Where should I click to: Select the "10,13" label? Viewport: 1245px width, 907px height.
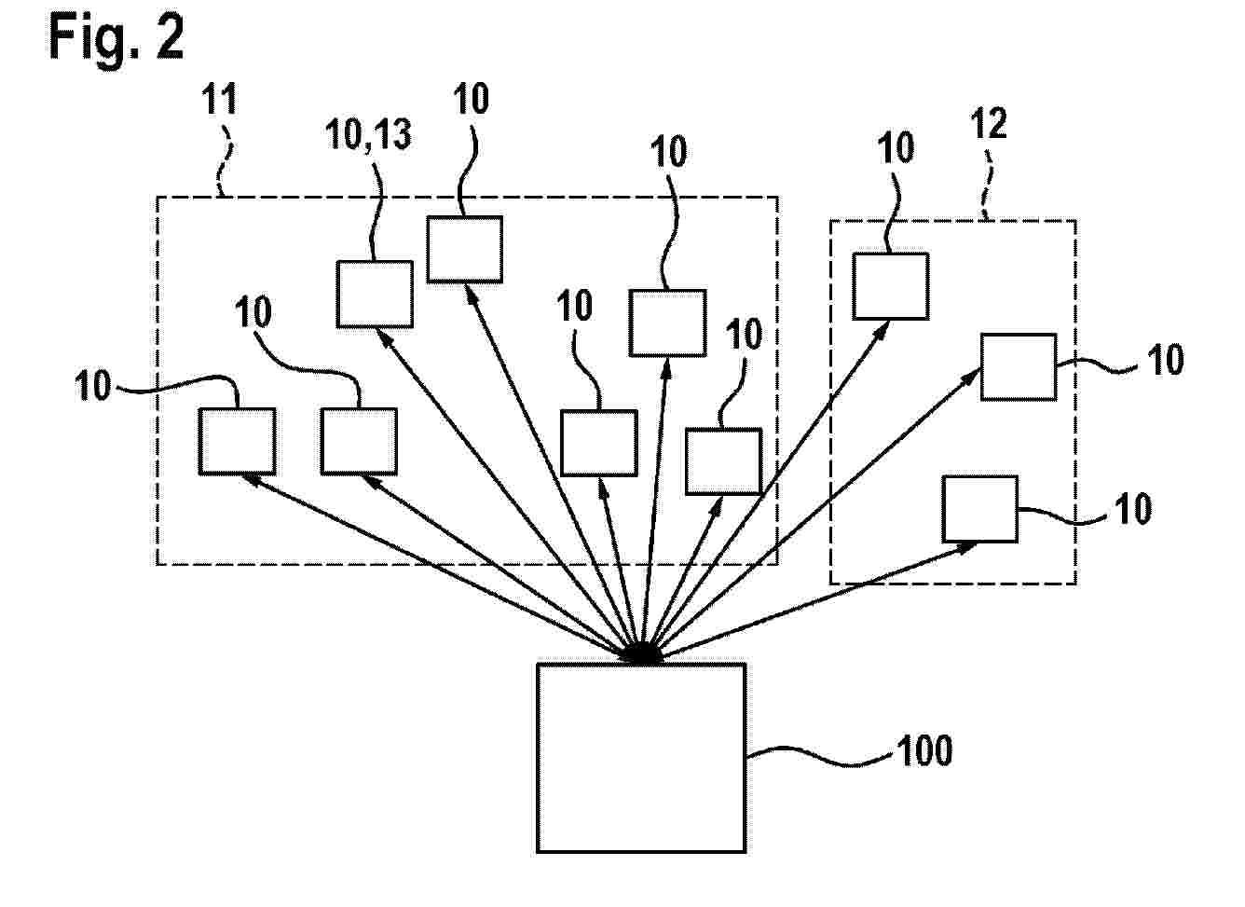368,136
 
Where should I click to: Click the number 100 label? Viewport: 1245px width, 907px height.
923,750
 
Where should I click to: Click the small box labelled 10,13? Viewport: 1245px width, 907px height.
375,294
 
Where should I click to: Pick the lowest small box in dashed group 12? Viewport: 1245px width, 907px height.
979,509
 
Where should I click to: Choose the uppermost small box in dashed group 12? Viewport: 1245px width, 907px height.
891,286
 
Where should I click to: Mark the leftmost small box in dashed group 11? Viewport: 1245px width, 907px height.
237,441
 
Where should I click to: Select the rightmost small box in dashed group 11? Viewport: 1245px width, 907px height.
723,460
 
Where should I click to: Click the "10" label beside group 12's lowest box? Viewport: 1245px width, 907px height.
1132,509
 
